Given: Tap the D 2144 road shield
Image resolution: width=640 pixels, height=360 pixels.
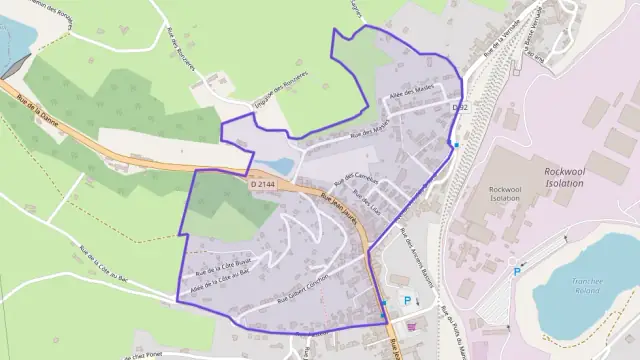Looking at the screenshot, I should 261,184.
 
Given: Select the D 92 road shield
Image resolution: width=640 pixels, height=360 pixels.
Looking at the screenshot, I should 459,106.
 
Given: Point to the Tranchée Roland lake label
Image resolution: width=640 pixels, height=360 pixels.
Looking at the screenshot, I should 580,285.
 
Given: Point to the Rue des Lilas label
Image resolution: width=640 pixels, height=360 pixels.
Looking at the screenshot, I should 370,201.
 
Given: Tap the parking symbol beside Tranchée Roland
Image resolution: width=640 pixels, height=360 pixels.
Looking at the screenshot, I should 517,271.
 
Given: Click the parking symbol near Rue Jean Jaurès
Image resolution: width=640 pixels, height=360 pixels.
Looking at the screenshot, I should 407,300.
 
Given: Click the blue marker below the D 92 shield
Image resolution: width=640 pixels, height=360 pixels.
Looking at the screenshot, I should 456,146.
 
